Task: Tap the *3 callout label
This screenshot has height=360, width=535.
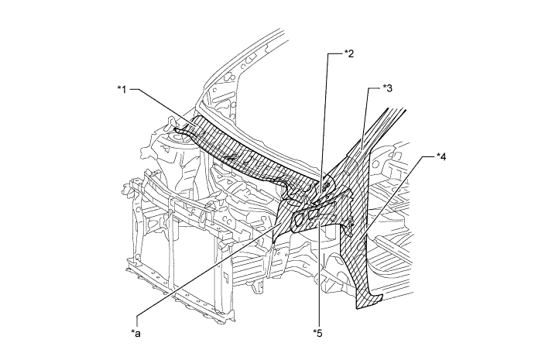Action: coord(388,89)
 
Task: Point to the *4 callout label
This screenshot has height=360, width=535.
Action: coord(440,156)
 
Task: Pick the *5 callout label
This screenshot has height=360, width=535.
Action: coord(317,333)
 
